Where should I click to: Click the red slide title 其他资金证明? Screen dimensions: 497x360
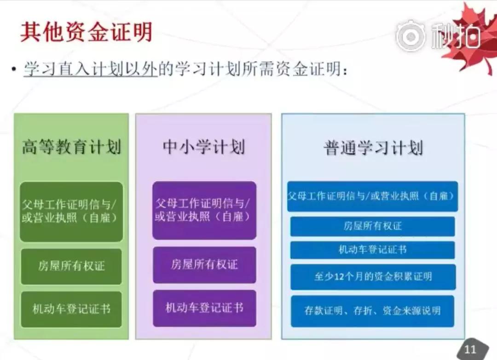[86, 32]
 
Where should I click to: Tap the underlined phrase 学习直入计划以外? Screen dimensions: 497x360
[90, 69]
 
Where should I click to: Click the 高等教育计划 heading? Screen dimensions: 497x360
[72, 147]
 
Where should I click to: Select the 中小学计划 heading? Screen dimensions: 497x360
[203, 147]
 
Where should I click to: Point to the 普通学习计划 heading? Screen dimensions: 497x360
[373, 148]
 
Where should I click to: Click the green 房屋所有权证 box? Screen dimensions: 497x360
[71, 266]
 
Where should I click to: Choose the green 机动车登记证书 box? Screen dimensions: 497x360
[71, 309]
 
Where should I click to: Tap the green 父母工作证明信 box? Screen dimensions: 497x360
[71, 211]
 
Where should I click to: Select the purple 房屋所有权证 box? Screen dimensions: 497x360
[204, 265]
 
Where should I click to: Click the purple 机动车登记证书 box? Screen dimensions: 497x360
[204, 308]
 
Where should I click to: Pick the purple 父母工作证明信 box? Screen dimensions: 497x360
[204, 210]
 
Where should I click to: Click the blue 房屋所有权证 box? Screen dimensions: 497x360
[372, 226]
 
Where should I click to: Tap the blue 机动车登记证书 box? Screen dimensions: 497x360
[372, 250]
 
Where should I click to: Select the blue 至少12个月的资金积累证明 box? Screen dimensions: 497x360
[373, 277]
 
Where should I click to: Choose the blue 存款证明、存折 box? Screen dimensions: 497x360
[372, 311]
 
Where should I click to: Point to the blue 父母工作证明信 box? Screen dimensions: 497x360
[372, 196]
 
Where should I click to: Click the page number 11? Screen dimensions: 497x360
[470, 349]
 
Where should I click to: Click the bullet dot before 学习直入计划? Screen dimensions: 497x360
[13, 69]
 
